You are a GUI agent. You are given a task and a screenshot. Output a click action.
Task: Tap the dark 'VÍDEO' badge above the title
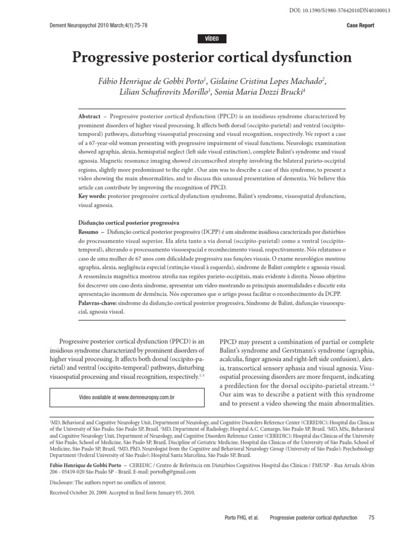(211, 39)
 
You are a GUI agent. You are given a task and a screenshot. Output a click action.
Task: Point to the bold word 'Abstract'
(89, 116)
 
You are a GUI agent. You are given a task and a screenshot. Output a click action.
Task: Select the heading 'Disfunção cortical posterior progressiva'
(129, 222)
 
